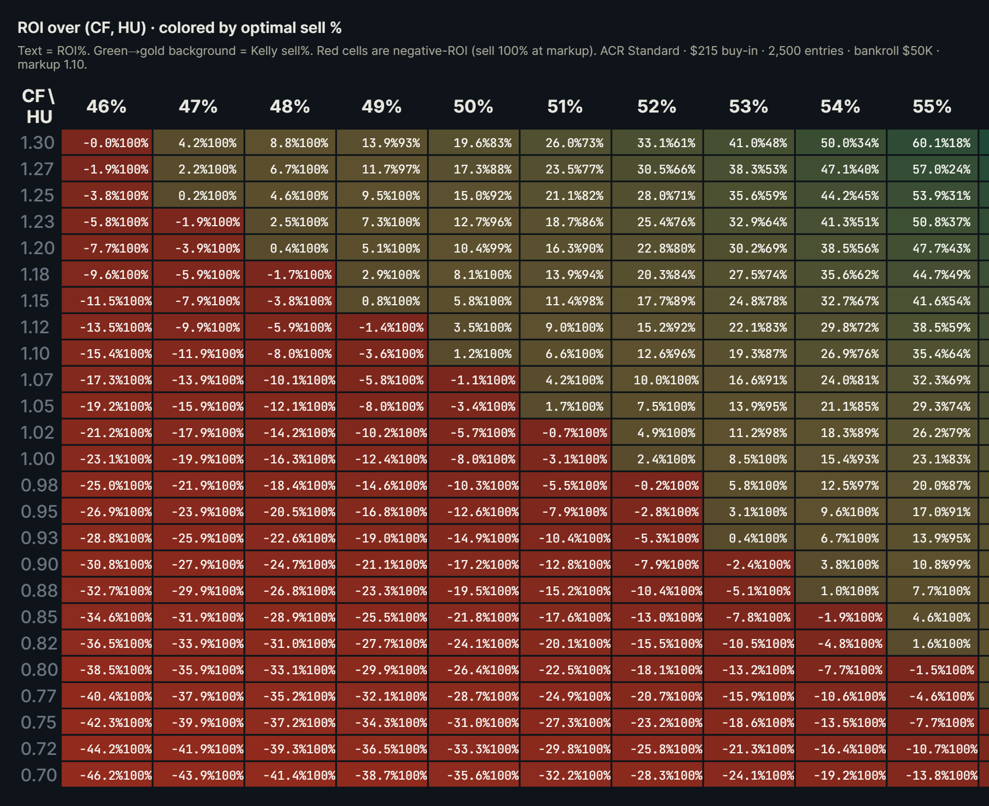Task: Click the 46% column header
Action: (106, 107)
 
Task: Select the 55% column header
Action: (931, 107)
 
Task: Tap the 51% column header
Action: (565, 107)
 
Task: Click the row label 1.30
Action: (37, 143)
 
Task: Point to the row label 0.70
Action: (38, 775)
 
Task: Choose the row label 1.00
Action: (37, 459)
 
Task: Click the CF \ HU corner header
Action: (38, 106)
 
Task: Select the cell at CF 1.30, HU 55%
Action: (932, 143)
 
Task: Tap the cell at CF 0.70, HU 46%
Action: (107, 775)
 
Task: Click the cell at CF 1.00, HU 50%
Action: (474, 459)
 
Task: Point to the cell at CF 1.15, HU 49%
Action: (382, 301)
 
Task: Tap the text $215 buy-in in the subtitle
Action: (723, 51)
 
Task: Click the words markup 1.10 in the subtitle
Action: (52, 65)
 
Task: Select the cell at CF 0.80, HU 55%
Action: (932, 670)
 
